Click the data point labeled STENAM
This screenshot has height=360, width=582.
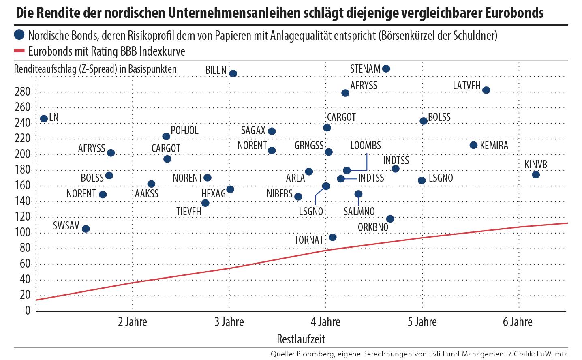pos(386,69)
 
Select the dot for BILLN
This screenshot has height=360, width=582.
pos(233,73)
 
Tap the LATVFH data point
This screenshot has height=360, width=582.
pos(486,90)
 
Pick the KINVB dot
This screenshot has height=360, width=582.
pos(535,175)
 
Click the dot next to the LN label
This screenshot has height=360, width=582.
pos(44,119)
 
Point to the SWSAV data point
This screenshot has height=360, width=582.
pos(86,229)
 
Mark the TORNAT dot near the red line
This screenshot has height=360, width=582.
pos(332,237)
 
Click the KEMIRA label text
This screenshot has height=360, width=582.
pos(494,146)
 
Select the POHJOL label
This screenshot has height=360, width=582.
pos(185,130)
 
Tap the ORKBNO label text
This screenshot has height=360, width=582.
pos(373,227)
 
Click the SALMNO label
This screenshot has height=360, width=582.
pos(359,211)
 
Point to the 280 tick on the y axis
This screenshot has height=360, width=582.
pos(23,92)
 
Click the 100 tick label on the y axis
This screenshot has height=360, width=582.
pos(23,233)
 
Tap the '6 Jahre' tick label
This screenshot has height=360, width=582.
pos(518,322)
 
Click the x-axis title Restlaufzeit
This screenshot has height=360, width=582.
pos(301,338)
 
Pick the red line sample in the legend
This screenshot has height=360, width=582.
pos(19,51)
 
